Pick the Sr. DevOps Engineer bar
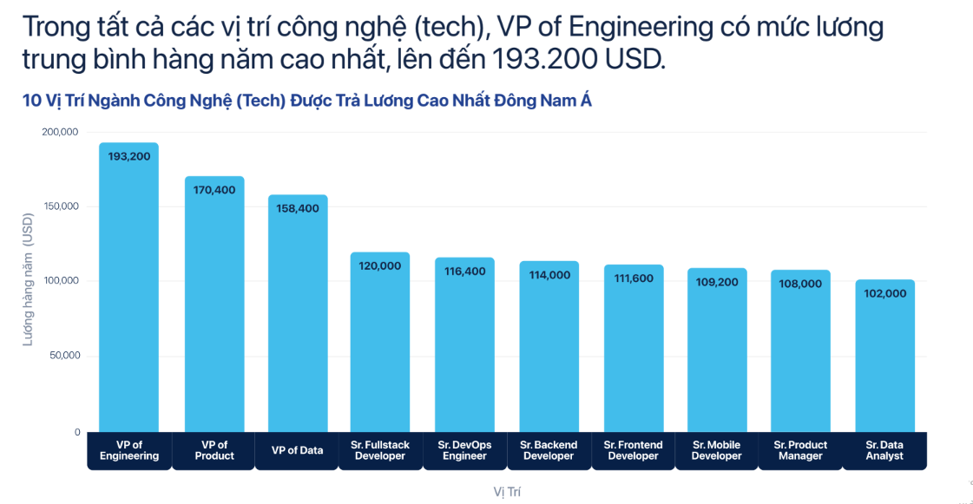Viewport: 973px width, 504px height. point(464,347)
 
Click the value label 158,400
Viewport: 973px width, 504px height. point(298,208)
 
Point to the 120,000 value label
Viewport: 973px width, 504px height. point(380,266)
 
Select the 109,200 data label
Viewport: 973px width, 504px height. point(717,281)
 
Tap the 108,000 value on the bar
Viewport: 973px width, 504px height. point(800,284)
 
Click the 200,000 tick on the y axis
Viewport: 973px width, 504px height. point(60,132)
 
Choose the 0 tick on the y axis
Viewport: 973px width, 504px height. point(76,432)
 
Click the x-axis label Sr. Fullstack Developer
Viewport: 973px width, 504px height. point(380,450)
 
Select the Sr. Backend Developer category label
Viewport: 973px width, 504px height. point(549,450)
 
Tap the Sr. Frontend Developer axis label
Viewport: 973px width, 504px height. point(633,450)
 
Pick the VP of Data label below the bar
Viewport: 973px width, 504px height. point(297,450)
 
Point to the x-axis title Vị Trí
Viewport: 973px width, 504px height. point(507,492)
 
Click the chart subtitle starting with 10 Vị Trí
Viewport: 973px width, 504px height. point(306,101)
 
